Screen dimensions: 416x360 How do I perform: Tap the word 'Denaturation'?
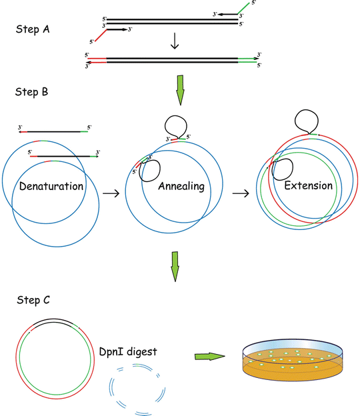pyautogui.click(x=51, y=186)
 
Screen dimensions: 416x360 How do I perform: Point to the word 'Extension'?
pyautogui.click(x=308, y=185)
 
